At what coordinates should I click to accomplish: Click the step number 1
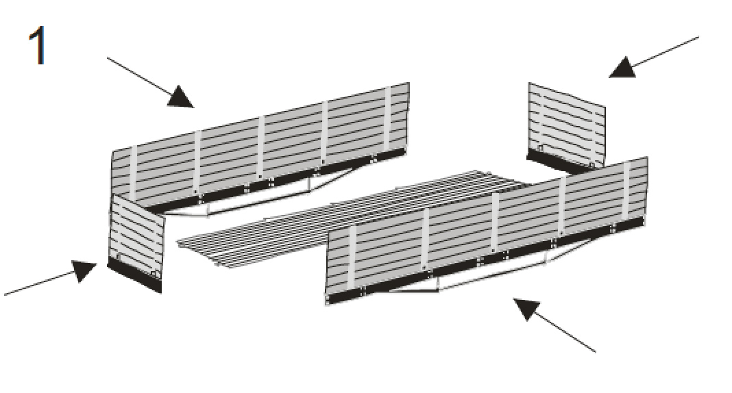click(37, 45)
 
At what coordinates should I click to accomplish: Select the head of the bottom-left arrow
click(84, 270)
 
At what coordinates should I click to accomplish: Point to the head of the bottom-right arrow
click(526, 308)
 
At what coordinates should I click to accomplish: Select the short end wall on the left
click(136, 243)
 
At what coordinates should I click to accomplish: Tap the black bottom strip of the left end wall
click(134, 276)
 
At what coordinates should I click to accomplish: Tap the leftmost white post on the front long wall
click(352, 258)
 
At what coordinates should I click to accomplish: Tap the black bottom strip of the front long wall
click(485, 258)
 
